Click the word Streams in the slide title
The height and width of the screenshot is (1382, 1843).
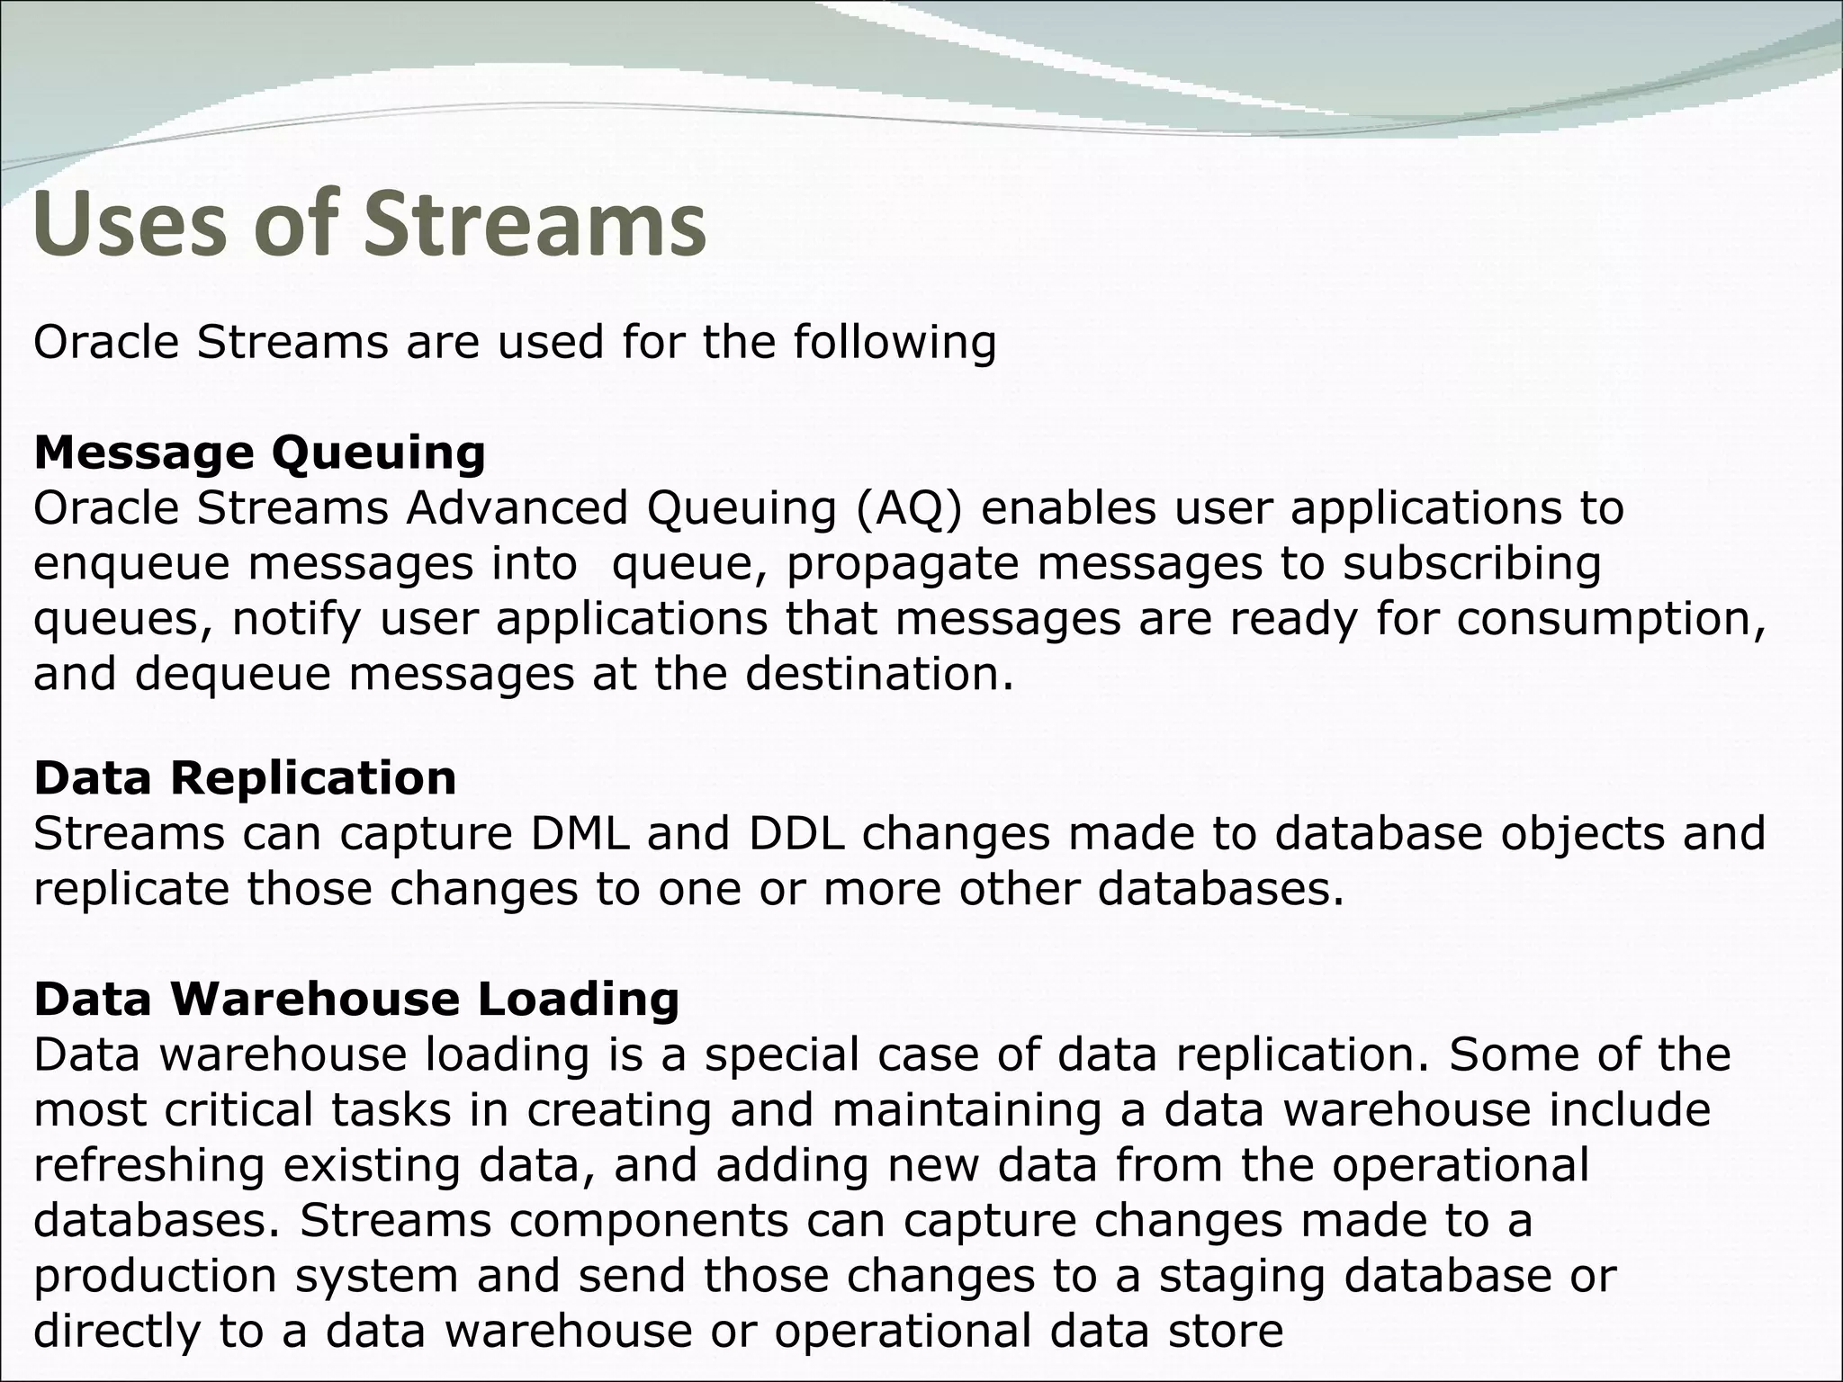535,225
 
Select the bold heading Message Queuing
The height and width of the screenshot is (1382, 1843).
259,453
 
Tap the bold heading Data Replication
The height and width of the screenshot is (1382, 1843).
245,777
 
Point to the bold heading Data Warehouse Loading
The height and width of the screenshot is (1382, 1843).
356,999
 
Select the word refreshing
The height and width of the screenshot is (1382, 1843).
149,1165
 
